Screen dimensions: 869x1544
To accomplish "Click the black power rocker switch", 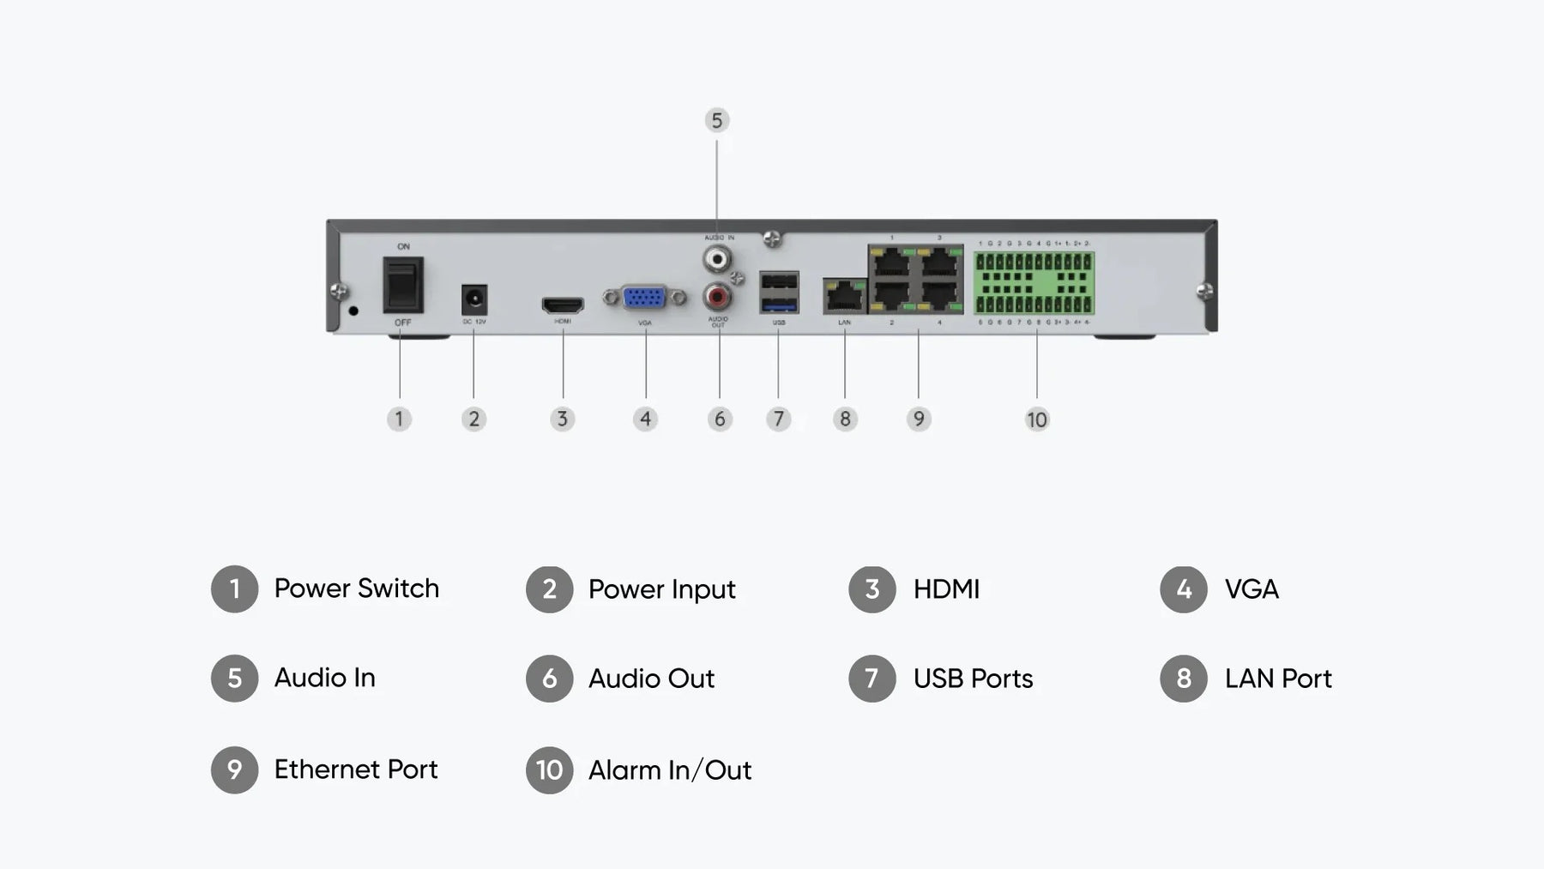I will [x=402, y=286].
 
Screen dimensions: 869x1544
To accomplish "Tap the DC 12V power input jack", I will [x=474, y=300].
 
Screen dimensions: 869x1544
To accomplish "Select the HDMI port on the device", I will [x=563, y=305].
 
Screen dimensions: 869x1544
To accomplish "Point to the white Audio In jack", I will [x=717, y=257].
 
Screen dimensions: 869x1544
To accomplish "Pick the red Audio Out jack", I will [x=717, y=297].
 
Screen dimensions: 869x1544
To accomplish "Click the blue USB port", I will [x=779, y=305].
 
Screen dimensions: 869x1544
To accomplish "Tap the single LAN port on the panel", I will [x=845, y=296].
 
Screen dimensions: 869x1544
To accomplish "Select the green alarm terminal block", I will [x=1034, y=282].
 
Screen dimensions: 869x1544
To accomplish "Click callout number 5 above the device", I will [x=717, y=120].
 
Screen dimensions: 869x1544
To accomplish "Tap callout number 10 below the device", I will [x=1036, y=419].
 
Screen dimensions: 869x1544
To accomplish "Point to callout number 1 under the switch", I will [x=399, y=419].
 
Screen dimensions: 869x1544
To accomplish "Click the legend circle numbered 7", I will [x=872, y=679].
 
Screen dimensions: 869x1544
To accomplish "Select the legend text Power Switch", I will [x=356, y=588].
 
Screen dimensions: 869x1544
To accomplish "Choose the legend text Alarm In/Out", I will [x=669, y=770].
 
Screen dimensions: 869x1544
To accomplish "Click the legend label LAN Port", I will [x=1277, y=679].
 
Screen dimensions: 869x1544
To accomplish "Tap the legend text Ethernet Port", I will [x=355, y=769].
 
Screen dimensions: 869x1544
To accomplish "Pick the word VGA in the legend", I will [x=1251, y=589].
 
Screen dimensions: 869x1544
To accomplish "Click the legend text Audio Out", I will [x=651, y=679].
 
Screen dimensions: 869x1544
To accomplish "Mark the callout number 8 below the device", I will [x=845, y=419].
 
